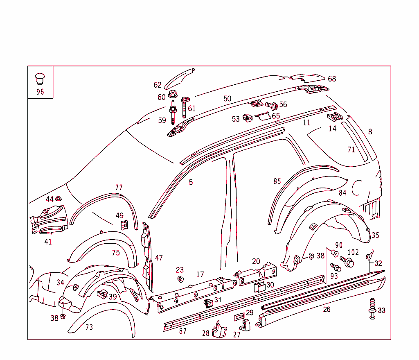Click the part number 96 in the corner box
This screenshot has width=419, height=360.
click(x=40, y=92)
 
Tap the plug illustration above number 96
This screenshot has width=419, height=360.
click(x=39, y=78)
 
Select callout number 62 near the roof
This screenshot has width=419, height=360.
click(x=158, y=85)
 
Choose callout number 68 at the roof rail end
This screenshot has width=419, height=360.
click(x=332, y=79)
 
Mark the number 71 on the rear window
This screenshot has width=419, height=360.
click(x=351, y=150)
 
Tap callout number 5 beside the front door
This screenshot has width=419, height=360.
click(x=191, y=182)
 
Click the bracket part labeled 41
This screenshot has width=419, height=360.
click(x=48, y=221)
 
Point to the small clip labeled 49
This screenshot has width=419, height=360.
click(x=124, y=224)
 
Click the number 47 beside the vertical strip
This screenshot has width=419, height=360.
click(x=159, y=258)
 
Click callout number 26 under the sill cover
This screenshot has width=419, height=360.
click(x=327, y=309)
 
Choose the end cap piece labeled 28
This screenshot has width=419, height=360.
click(x=218, y=330)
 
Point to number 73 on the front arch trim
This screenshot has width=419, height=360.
click(x=89, y=327)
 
